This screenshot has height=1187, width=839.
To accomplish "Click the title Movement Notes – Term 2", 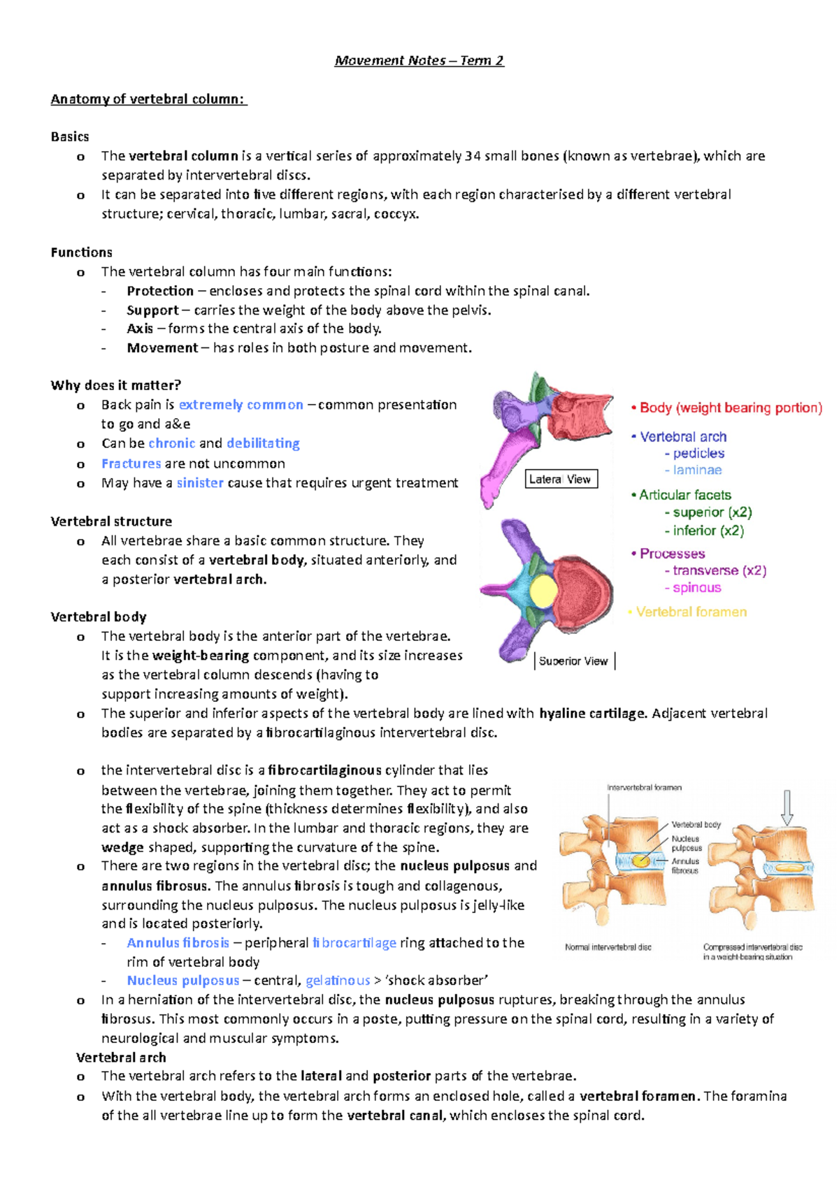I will click(x=419, y=61).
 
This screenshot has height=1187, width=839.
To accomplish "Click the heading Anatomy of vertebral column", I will click(x=148, y=99).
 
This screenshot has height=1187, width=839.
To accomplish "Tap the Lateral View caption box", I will click(x=561, y=479).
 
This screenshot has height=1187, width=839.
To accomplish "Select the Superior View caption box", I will click(x=573, y=661).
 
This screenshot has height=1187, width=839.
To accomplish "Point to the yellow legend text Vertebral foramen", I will click(x=691, y=612).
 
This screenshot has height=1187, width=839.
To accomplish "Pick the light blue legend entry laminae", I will click(x=697, y=470).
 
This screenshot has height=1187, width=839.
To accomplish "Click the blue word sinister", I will click(x=200, y=482).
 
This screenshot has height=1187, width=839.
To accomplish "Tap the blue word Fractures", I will click(x=131, y=463).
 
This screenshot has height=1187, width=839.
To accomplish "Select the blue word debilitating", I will click(x=263, y=443).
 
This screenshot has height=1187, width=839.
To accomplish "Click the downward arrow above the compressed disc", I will click(x=787, y=807).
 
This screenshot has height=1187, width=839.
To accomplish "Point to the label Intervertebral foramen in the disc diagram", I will click(x=644, y=787).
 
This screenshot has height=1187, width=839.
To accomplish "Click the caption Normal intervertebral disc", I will click(x=608, y=947).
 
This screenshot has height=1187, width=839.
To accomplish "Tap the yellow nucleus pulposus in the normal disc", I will click(x=640, y=861).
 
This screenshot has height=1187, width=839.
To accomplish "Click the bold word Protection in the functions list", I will click(x=160, y=291).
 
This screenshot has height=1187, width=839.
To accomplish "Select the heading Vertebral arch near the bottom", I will click(x=121, y=1057).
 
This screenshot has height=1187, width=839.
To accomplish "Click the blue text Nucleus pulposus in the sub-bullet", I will click(x=183, y=980).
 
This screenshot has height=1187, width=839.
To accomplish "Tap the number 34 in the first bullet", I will click(x=473, y=156).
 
